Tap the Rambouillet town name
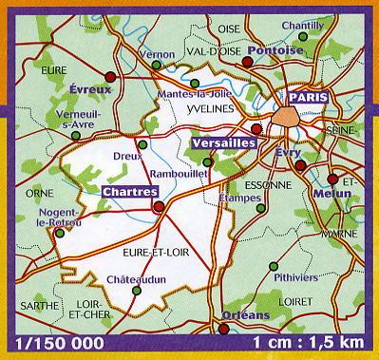(x=180, y=175)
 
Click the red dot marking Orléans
(x=223, y=330)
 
